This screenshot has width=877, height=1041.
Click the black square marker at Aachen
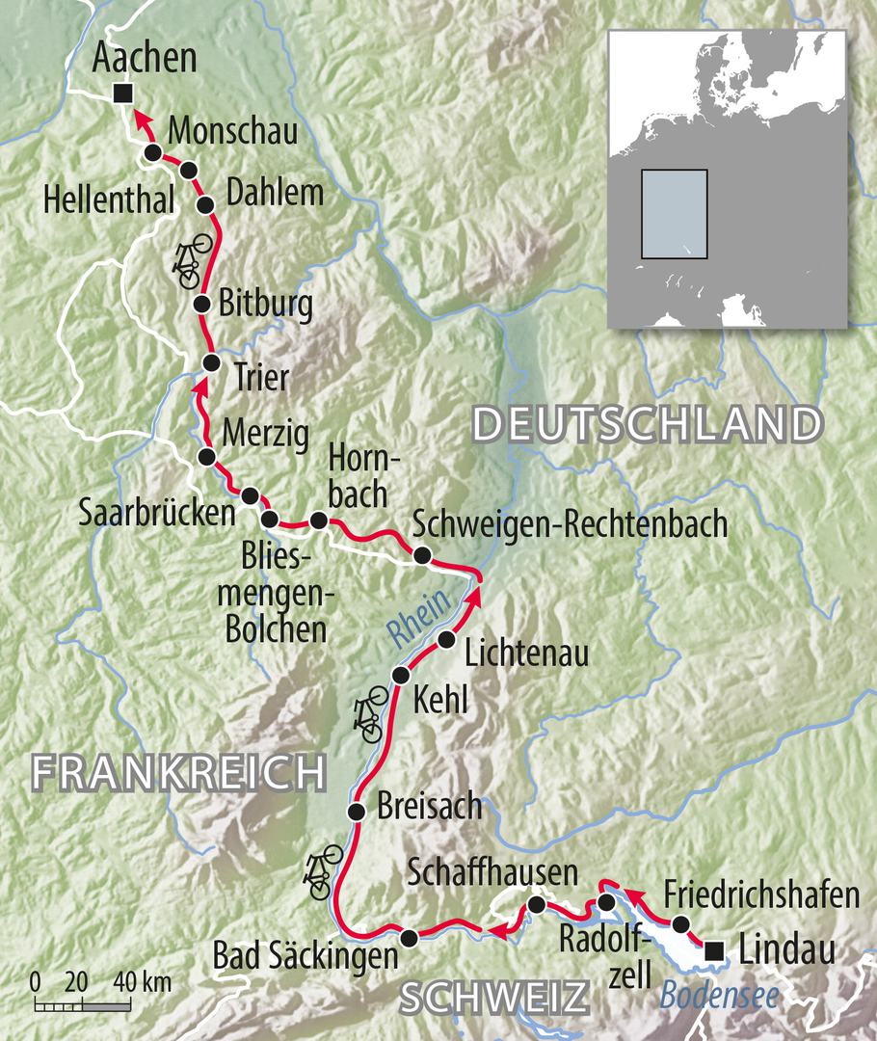[121, 93]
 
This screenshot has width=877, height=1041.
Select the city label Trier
[260, 377]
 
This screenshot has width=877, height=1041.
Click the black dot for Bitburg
[201, 305]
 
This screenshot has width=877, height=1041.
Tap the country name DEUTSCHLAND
[649, 425]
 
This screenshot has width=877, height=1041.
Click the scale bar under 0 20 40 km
[82, 1006]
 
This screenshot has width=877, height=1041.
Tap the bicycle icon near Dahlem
[188, 260]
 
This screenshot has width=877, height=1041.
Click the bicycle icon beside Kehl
[370, 714]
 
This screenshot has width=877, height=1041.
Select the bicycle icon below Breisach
[322, 870]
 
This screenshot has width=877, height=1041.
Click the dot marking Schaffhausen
[536, 904]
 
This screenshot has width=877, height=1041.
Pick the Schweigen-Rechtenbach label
[570, 524]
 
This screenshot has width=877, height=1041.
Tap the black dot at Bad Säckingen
[409, 937]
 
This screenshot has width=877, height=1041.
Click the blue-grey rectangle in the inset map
[674, 214]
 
